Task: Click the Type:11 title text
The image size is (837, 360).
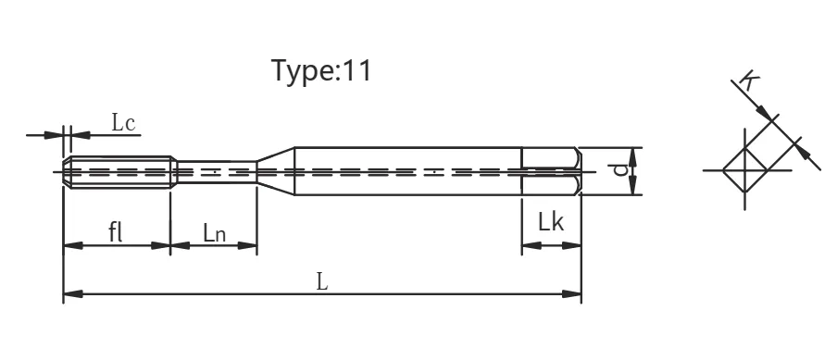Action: click(x=320, y=71)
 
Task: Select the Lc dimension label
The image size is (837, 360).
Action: click(x=123, y=123)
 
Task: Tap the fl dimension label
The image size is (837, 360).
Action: click(x=116, y=232)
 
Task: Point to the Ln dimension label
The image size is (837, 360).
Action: click(x=214, y=233)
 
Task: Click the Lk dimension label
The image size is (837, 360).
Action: click(x=551, y=221)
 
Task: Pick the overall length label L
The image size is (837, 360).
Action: click(x=322, y=281)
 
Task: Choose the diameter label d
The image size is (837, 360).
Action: click(x=619, y=169)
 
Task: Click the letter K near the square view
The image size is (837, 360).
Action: click(x=750, y=81)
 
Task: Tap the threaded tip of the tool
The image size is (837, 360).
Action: click(x=119, y=172)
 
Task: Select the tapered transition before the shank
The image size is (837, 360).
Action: click(x=276, y=171)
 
